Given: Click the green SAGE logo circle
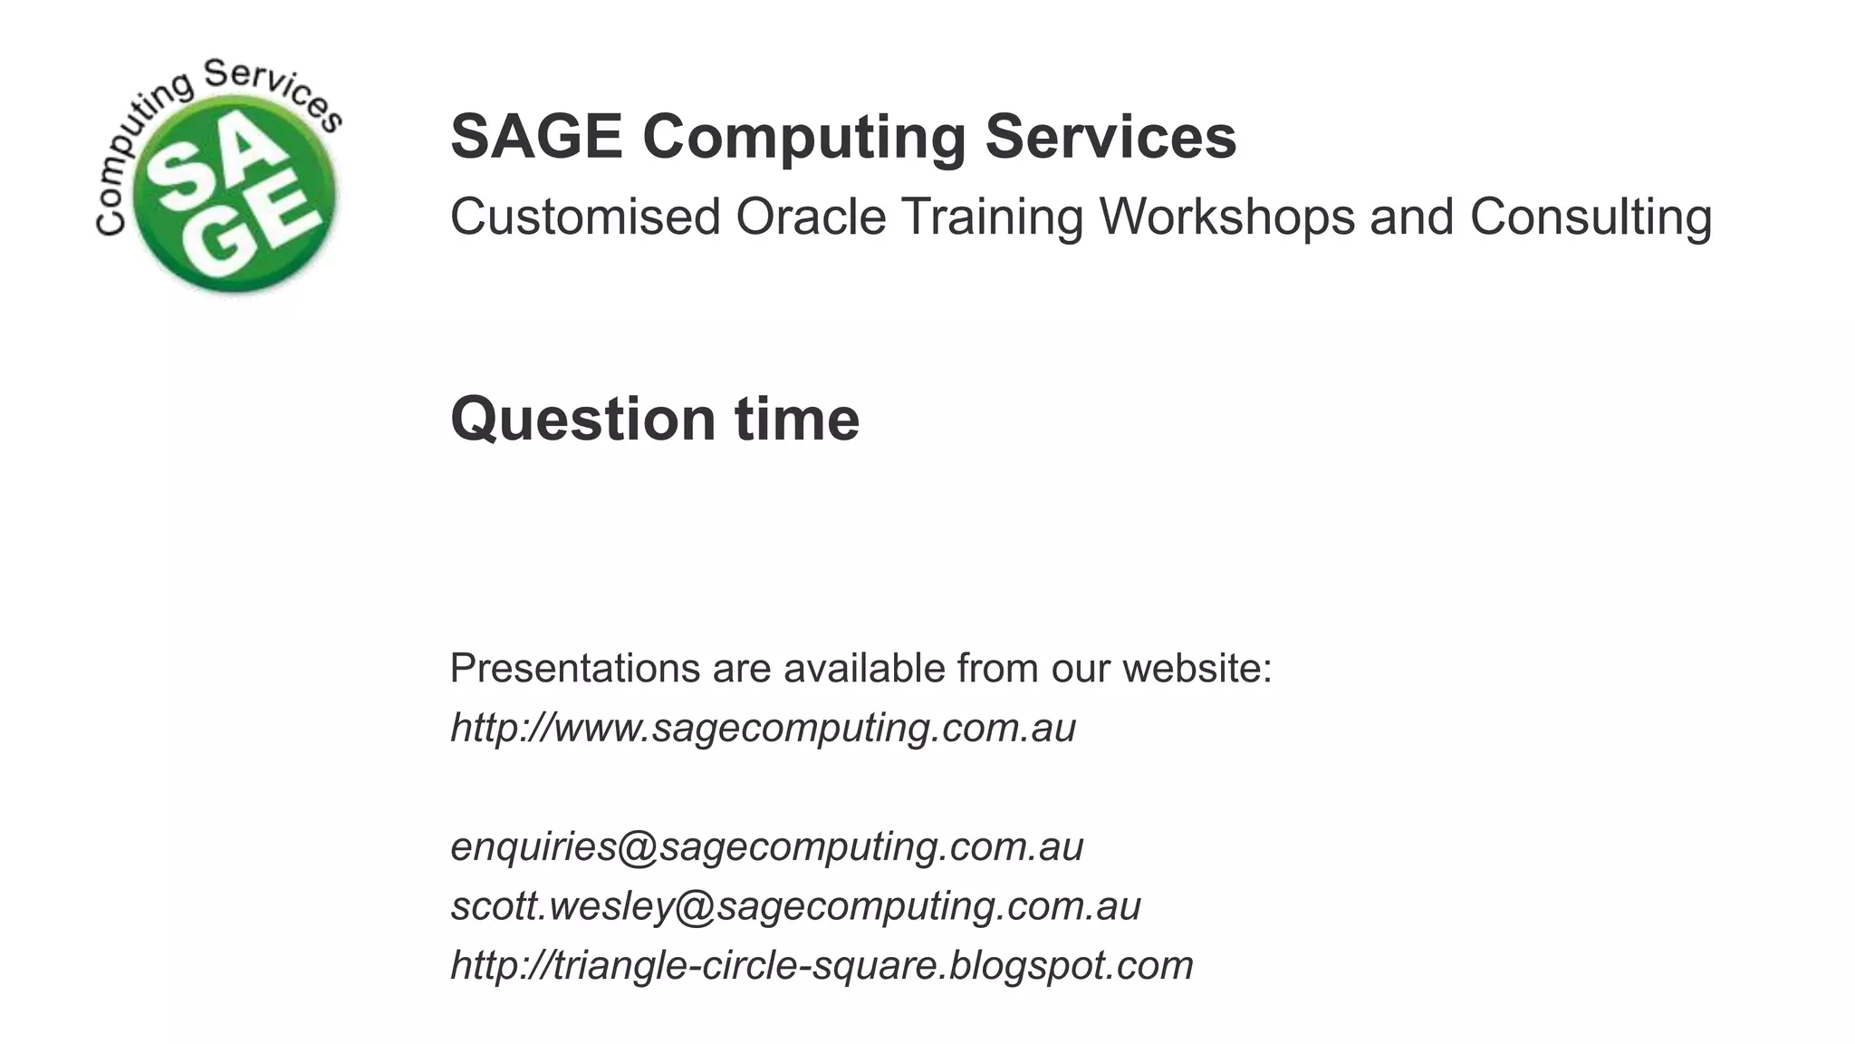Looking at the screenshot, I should (234, 195).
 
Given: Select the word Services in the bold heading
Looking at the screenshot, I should (1110, 137).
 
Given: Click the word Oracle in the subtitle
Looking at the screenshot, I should (811, 217).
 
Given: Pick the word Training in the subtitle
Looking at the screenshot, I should (992, 217).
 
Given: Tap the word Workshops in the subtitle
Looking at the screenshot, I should (1226, 218).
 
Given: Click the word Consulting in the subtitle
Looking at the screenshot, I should (1591, 218).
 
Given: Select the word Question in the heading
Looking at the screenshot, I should (583, 420).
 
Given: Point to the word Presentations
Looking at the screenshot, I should (575, 669).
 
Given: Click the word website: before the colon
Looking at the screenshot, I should (1197, 669).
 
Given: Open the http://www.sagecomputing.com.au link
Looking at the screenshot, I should (763, 728).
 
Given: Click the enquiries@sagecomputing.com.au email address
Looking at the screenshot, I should (766, 846).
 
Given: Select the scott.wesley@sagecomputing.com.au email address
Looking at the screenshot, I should (795, 905).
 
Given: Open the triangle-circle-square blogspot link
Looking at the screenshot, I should (822, 965).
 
